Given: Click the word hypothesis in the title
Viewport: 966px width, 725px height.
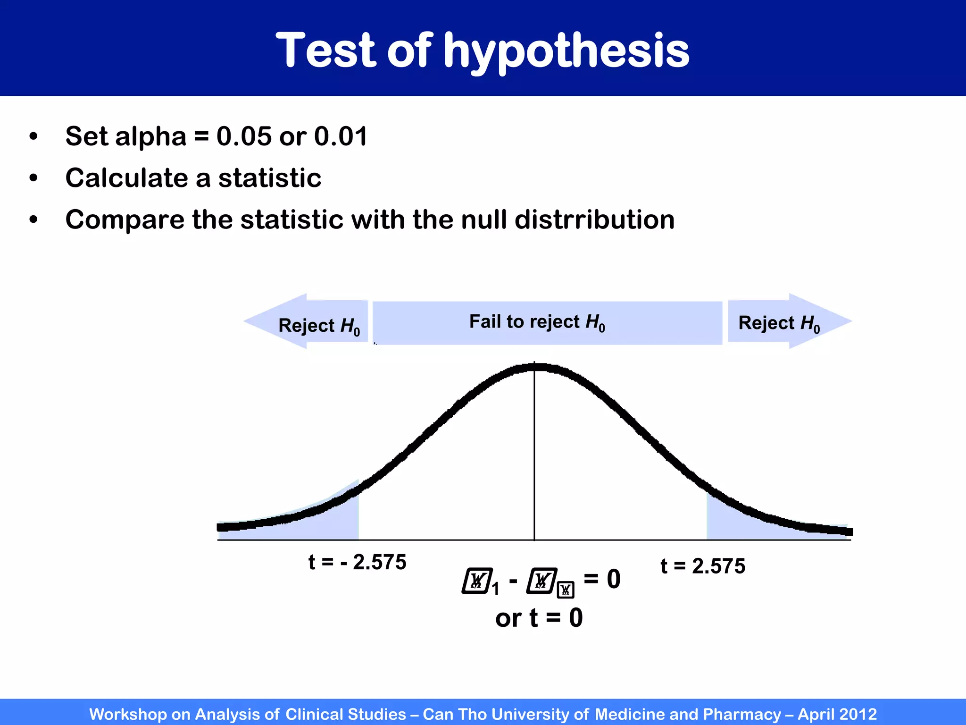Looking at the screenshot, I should (x=566, y=51).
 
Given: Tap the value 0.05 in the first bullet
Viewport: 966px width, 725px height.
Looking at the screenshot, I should (x=244, y=136).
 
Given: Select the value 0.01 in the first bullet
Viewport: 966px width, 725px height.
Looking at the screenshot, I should (x=341, y=136).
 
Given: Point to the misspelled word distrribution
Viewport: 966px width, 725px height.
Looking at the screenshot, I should (x=594, y=219).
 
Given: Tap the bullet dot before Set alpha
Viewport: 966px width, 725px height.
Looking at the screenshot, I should (x=33, y=137).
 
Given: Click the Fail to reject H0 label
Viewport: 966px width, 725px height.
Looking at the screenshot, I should (x=537, y=322).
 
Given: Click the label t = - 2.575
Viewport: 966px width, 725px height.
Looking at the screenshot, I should (x=357, y=562).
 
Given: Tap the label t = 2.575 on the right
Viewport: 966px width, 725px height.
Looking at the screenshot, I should (x=702, y=566).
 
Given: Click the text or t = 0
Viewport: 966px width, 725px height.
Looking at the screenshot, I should (x=539, y=618).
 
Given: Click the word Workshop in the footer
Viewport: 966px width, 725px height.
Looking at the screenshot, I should (x=127, y=714).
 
